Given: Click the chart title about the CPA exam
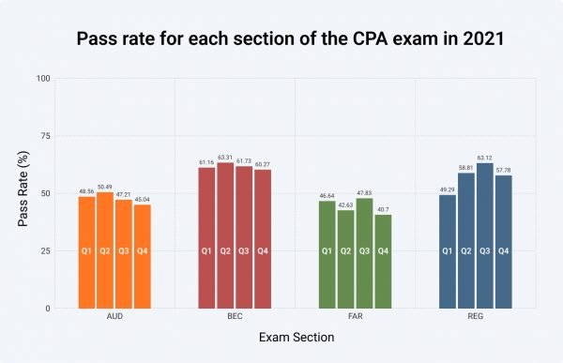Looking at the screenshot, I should (x=281, y=40).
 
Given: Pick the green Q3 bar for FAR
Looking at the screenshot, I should (x=364, y=253).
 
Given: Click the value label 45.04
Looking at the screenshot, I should (x=142, y=199).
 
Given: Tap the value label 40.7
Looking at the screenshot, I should (x=383, y=209).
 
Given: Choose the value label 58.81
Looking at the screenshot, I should (x=466, y=167).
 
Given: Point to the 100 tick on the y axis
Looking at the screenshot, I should (x=43, y=78).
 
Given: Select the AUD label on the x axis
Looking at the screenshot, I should (x=114, y=317).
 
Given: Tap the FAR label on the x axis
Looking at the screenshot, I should (x=355, y=317).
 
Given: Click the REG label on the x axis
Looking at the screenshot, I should (x=476, y=317).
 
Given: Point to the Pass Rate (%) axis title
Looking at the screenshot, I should (x=23, y=192).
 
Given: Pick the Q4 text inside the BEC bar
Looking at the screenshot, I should (x=263, y=250).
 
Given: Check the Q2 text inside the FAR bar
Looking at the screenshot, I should (x=346, y=250).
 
